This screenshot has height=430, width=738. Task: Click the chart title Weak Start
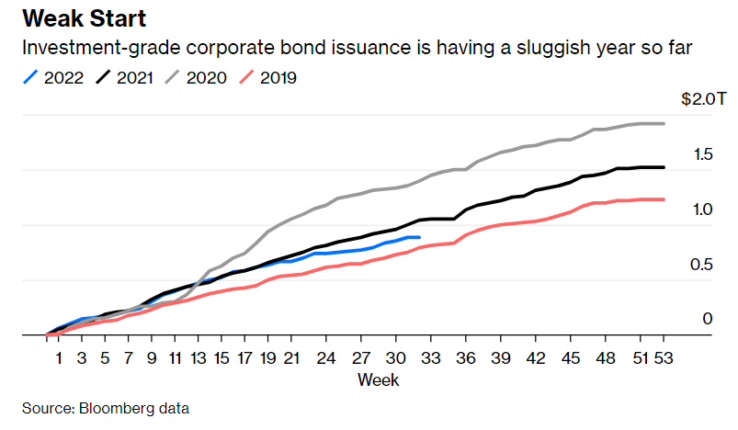[84, 19]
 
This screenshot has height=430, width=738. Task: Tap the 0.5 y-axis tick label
[701, 265]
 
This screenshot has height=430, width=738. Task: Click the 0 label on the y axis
[708, 319]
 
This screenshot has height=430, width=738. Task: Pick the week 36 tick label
[466, 356]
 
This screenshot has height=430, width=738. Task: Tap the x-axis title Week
[377, 378]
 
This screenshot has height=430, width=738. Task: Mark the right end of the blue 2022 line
[419, 237]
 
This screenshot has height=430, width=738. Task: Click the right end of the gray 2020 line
[664, 123]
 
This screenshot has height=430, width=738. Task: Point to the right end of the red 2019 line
[664, 198]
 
